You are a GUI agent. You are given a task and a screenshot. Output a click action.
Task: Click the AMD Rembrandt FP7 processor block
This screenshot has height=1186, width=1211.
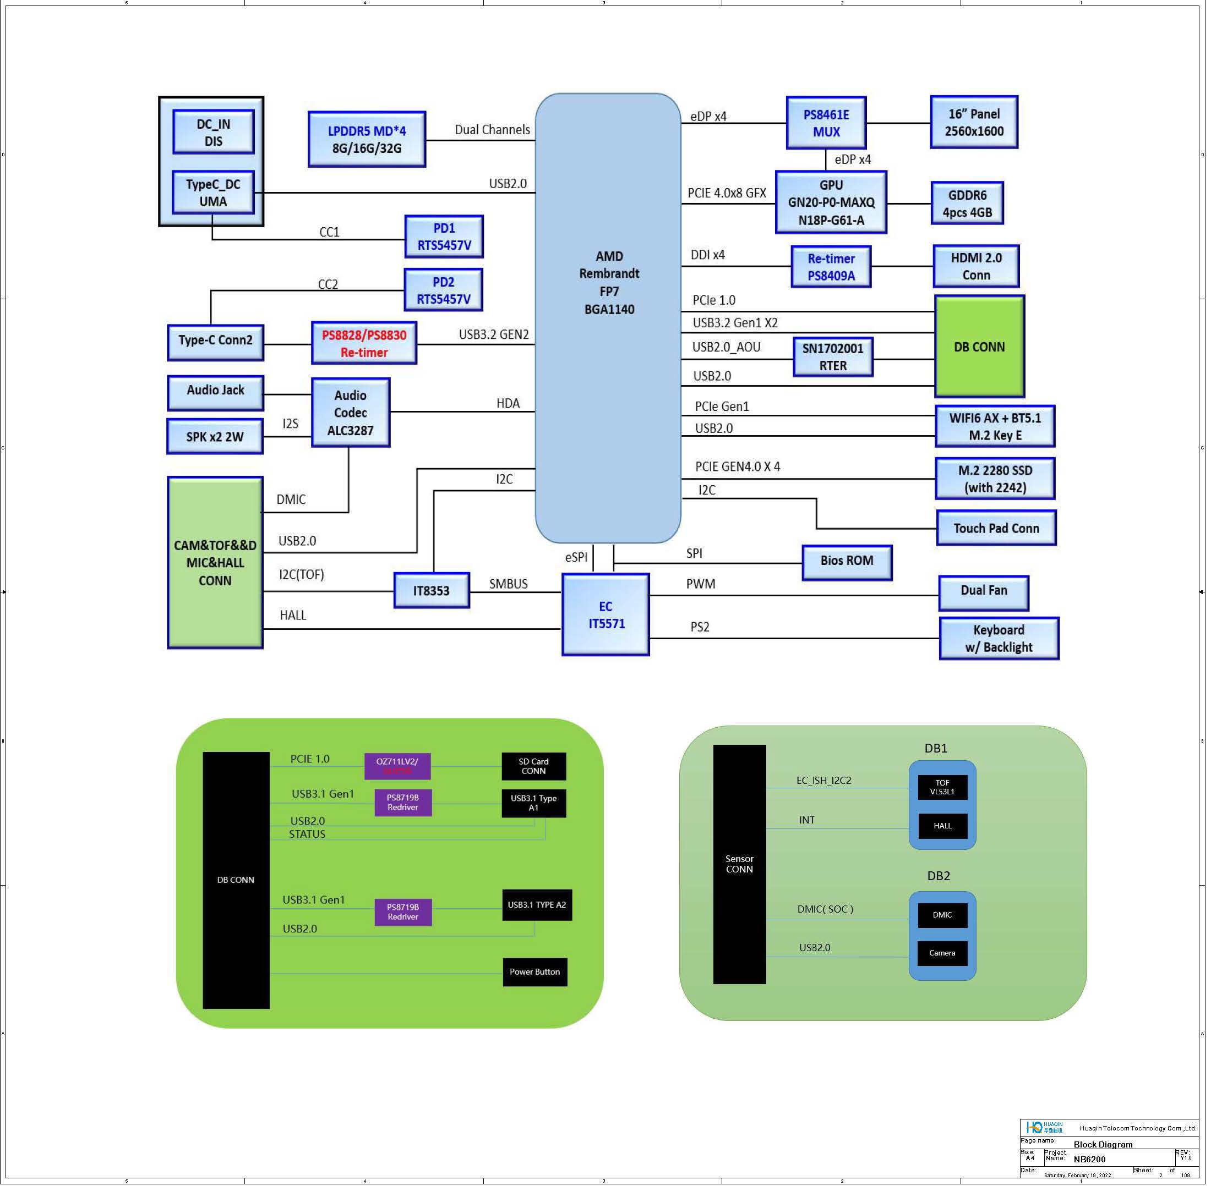608,318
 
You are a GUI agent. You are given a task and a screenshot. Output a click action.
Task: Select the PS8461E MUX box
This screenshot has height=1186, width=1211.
826,123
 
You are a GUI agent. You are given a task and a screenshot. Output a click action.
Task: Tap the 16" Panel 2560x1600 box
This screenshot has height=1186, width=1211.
974,122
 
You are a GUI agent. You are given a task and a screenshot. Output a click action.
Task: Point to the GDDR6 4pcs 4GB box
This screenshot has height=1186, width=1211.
967,203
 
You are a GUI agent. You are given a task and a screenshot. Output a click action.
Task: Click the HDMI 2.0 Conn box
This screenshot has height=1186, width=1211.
975,266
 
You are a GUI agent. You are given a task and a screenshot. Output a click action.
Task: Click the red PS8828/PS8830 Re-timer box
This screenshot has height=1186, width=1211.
364,343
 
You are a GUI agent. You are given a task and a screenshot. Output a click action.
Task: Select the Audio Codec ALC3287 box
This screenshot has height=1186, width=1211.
350,413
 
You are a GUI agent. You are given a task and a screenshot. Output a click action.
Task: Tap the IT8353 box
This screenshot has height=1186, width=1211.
432,590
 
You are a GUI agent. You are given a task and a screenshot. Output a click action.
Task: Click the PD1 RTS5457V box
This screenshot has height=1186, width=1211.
444,237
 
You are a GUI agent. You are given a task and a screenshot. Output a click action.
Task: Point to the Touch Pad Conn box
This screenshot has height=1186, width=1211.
996,528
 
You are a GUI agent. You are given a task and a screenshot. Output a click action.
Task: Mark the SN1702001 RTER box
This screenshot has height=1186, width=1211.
833,357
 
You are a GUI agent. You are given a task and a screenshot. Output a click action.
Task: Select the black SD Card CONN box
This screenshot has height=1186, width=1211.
533,766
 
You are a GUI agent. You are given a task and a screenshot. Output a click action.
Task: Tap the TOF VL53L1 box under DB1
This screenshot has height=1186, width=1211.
942,787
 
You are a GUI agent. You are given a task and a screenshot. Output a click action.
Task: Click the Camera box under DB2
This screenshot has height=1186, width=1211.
942,953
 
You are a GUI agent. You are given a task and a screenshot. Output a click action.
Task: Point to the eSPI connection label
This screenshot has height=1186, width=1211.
576,557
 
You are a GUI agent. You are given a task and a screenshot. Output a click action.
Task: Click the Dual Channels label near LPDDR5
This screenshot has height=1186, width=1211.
492,130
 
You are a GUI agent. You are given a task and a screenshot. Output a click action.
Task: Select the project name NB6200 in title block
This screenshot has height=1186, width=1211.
1089,1159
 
